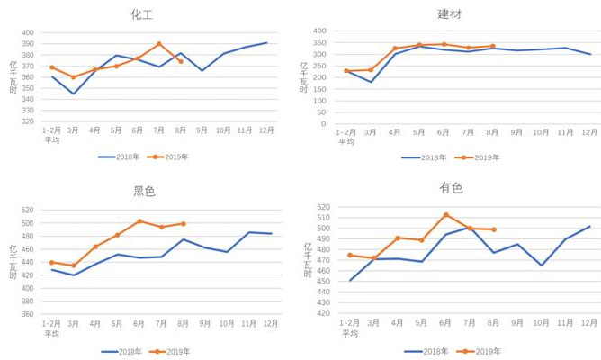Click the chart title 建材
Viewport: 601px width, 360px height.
point(449,14)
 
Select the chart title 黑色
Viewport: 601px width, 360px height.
point(144,191)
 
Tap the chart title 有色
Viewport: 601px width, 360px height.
point(451,188)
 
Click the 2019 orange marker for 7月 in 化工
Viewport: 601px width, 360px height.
point(159,44)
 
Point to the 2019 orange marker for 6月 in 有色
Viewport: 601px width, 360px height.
point(446,215)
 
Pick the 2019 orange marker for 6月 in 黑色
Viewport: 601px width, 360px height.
point(139,221)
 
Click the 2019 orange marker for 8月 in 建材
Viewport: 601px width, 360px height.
point(492,46)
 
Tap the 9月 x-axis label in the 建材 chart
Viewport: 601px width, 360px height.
point(516,131)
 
